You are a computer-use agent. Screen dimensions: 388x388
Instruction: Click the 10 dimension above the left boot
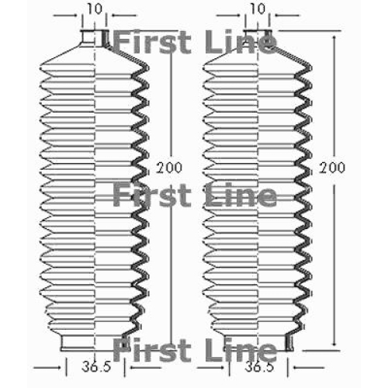[95, 9]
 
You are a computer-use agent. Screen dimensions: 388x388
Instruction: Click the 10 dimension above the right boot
[258, 9]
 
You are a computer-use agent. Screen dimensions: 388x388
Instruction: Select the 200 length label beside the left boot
[169, 168]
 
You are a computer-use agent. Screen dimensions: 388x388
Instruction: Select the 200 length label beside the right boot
[332, 168]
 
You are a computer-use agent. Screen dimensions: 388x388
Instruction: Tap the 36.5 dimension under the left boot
[96, 366]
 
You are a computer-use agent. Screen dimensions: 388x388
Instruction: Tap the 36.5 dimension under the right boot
[259, 366]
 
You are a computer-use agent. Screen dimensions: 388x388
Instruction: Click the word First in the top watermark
[152, 41]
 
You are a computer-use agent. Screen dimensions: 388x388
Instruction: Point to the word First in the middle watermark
[152, 195]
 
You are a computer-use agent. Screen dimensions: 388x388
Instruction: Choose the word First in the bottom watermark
[152, 350]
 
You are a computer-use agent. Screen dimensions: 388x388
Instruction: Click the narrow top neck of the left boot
[94, 39]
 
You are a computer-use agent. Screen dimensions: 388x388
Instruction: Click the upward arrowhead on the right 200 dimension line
[334, 39]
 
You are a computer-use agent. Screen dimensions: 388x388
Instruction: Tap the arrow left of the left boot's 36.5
[47, 367]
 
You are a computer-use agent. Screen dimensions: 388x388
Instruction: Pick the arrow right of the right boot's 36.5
[308, 367]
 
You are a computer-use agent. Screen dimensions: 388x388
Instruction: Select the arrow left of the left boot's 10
[65, 16]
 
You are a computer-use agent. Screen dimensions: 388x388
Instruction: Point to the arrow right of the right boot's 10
[287, 16]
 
